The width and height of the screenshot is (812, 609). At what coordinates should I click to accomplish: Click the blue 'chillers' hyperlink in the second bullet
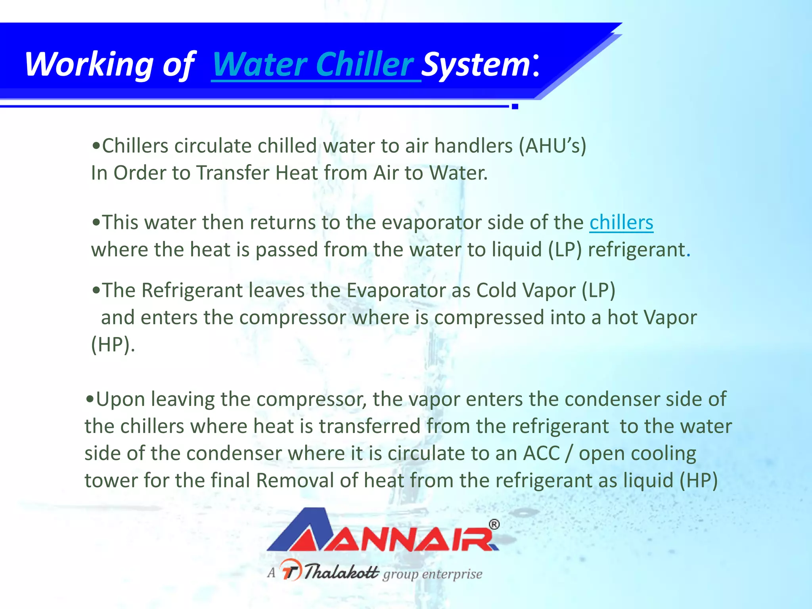(621, 222)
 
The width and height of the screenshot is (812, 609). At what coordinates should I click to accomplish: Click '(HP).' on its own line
(113, 345)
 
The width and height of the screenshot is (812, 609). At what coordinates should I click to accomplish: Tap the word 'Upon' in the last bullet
(121, 399)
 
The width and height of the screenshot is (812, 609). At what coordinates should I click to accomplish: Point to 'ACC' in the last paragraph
(541, 454)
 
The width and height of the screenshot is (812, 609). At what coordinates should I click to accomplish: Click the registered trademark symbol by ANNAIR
(494, 525)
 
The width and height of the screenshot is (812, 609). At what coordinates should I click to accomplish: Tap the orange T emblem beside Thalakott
(291, 570)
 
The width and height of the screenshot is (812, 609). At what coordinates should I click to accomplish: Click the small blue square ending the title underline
(515, 106)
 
